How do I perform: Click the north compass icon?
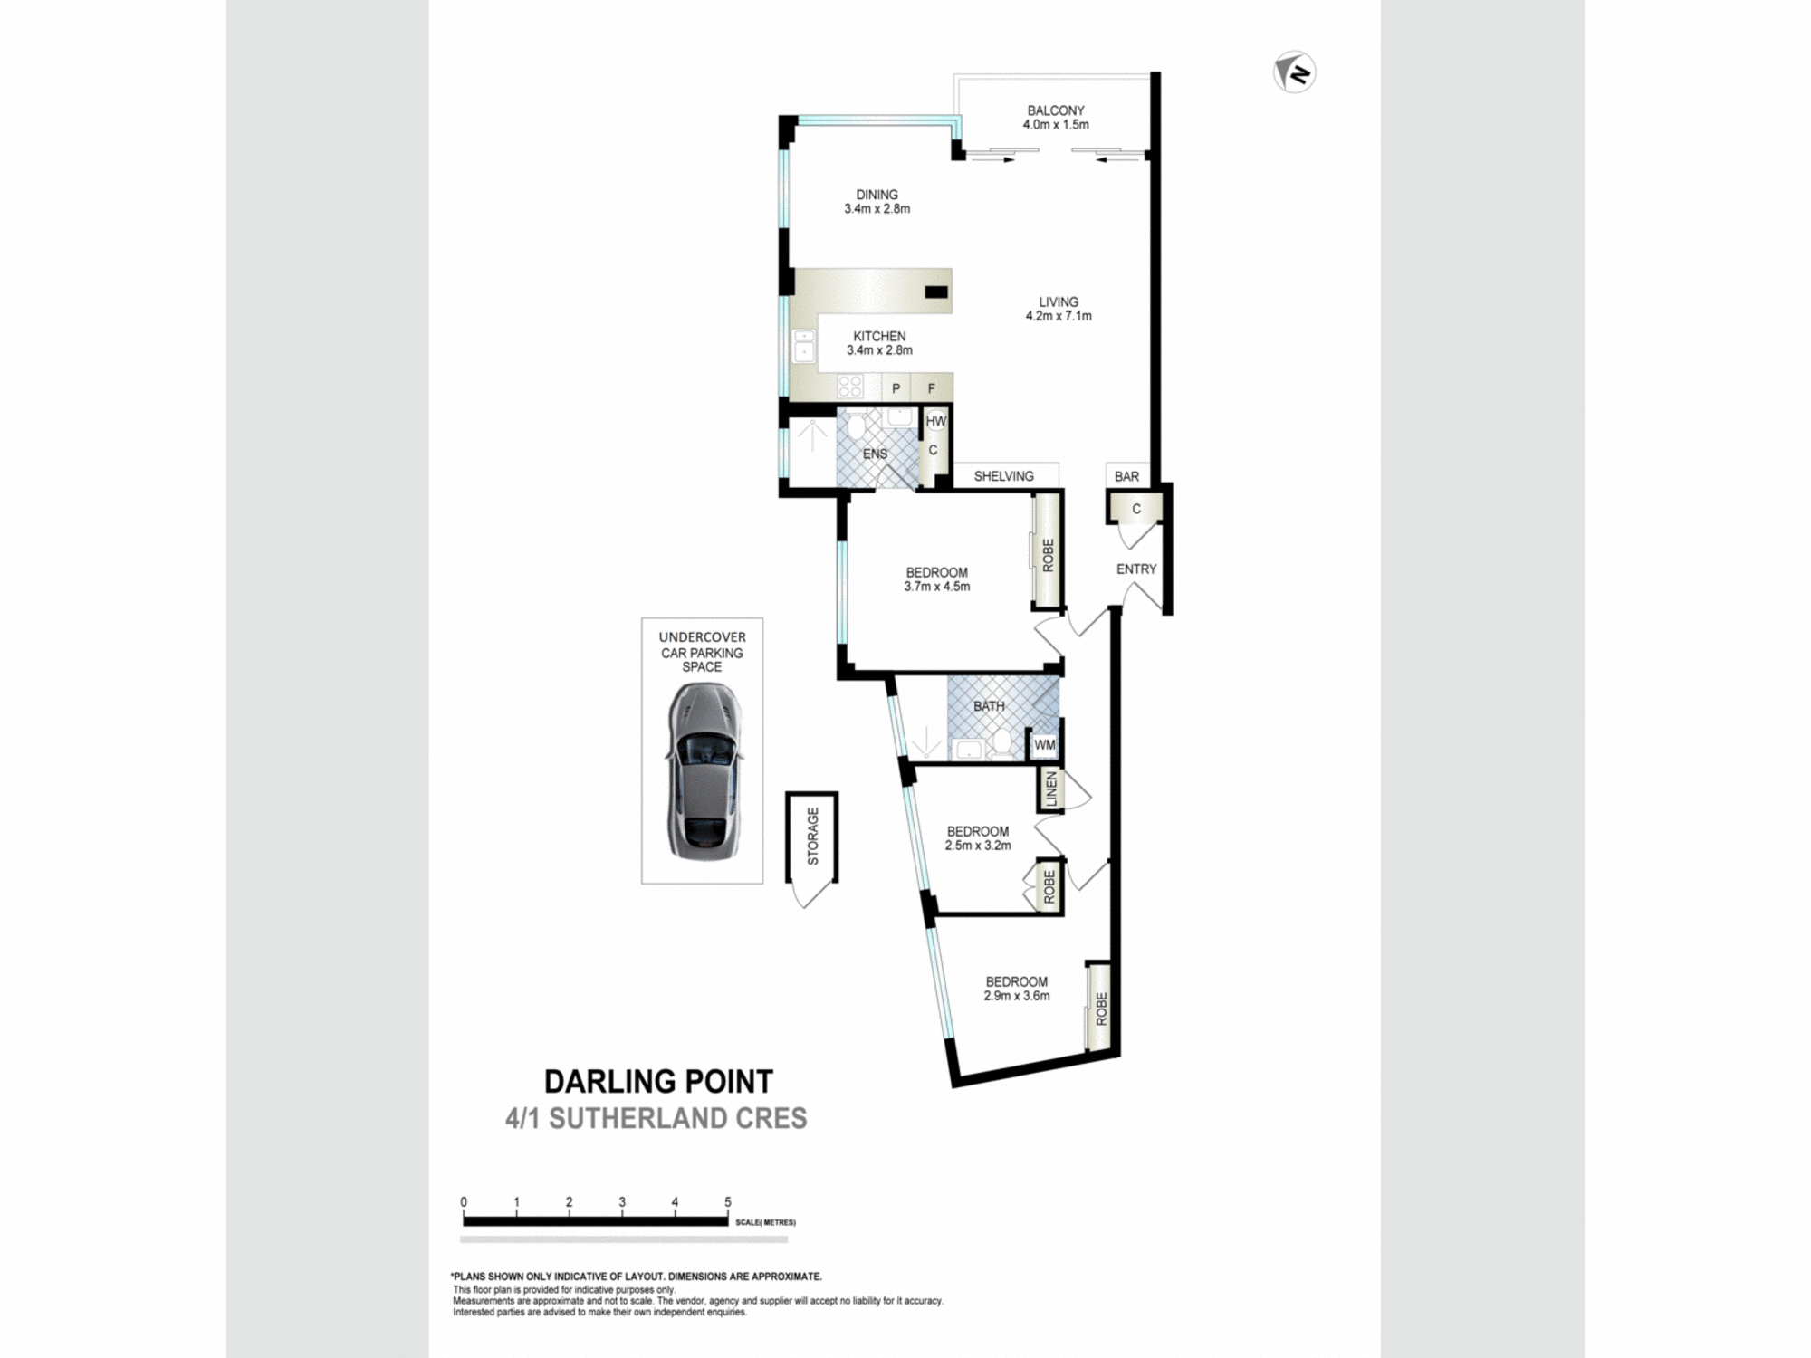pyautogui.click(x=1294, y=72)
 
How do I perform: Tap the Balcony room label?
pyautogui.click(x=1055, y=110)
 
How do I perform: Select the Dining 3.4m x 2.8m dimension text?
pyautogui.click(x=877, y=209)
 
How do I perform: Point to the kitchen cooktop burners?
pyautogui.click(x=849, y=387)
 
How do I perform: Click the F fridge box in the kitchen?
pyautogui.click(x=931, y=388)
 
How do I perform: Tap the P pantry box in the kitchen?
pyautogui.click(x=896, y=388)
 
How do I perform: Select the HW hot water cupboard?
pyautogui.click(x=935, y=421)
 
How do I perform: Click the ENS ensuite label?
pyautogui.click(x=875, y=454)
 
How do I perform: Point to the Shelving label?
pyautogui.click(x=1003, y=476)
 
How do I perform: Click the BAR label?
pyautogui.click(x=1126, y=476)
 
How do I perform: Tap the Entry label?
pyautogui.click(x=1135, y=569)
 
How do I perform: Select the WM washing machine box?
pyautogui.click(x=1044, y=745)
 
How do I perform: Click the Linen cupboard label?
pyautogui.click(x=1050, y=789)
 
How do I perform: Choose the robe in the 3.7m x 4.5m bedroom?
pyautogui.click(x=1048, y=554)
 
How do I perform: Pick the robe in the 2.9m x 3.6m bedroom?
pyautogui.click(x=1100, y=1009)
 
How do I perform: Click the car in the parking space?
pyautogui.click(x=704, y=771)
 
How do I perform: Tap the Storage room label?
pyautogui.click(x=812, y=836)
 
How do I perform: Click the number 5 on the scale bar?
pyautogui.click(x=727, y=1202)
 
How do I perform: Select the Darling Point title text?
pyautogui.click(x=658, y=1081)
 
